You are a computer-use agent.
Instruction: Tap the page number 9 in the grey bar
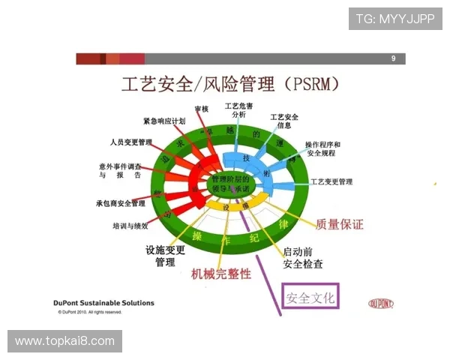pos(393,58)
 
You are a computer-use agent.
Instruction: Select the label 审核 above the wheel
pos(201,109)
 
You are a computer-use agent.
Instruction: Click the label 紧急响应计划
pos(164,121)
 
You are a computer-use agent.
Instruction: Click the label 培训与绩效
pos(135,225)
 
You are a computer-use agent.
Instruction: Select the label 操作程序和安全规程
pos(322,148)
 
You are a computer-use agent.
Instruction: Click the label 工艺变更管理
pos(331,181)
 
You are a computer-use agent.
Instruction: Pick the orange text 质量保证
pos(339,223)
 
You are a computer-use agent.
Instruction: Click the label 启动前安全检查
pos(303,257)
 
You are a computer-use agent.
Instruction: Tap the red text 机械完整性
pos(221,274)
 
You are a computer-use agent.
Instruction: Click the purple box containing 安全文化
pos(310,297)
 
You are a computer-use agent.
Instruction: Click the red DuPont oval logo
pos(381,303)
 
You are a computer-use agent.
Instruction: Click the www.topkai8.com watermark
pos(65,341)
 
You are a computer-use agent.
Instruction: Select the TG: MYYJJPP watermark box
pos(395,18)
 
